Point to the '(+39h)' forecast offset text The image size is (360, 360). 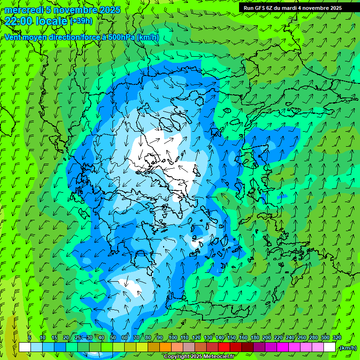(x=81, y=21)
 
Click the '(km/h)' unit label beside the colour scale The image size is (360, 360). (x=348, y=348)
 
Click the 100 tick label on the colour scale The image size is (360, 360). (x=172, y=338)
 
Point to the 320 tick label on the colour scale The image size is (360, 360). (x=336, y=338)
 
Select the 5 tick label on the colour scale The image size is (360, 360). (x=30, y=338)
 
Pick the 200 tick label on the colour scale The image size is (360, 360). (x=267, y=338)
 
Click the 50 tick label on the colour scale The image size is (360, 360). (x=113, y=338)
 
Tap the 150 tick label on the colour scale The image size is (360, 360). (x=232, y=338)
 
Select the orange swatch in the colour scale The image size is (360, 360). (x=165, y=347)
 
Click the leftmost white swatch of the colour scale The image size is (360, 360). (x=25, y=347)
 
